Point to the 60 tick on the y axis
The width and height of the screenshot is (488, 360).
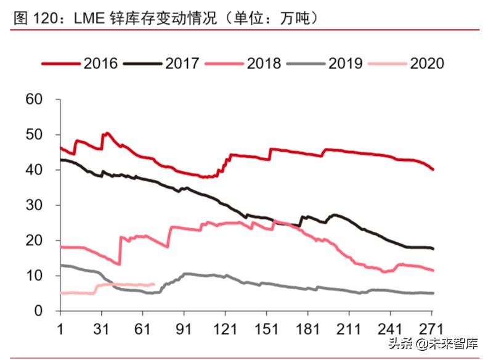(x=35, y=99)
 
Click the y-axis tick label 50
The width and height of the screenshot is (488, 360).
(x=35, y=134)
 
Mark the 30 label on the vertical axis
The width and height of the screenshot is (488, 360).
(x=35, y=205)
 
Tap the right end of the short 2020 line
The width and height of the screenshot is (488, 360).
(x=154, y=284)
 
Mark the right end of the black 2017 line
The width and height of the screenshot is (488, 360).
(x=434, y=248)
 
